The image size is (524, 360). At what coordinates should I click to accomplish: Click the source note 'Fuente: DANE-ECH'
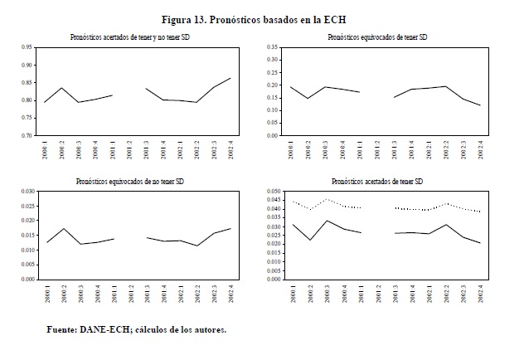pyautogui.click(x=86, y=330)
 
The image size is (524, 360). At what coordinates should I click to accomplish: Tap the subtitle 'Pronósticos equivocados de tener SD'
pyautogui.click(x=376, y=37)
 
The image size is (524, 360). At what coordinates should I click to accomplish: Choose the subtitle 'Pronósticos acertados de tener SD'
pyautogui.click(x=376, y=180)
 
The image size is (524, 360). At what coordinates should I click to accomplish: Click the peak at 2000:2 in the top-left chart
pyautogui.click(x=61, y=88)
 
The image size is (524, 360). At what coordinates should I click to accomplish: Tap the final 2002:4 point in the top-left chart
pyautogui.click(x=230, y=78)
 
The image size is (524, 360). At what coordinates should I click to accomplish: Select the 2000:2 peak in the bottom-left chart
pyautogui.click(x=61, y=228)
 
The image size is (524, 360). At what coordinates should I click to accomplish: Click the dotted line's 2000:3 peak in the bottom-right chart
pyautogui.click(x=327, y=199)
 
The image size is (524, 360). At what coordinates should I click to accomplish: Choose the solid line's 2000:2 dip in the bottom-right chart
pyautogui.click(x=309, y=241)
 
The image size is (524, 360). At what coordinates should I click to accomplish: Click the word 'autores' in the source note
pyautogui.click(x=206, y=330)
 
